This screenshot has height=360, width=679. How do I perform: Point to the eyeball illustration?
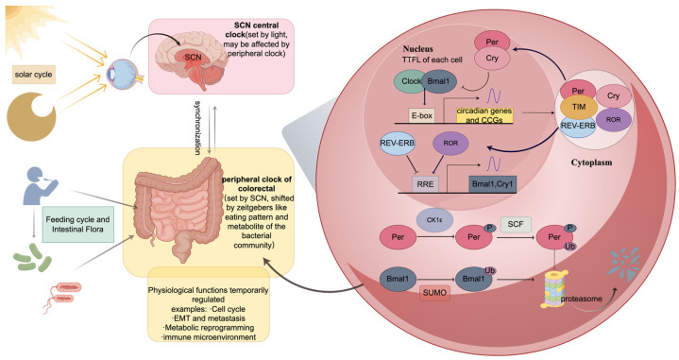119,73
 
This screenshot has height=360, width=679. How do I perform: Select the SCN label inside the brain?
194,57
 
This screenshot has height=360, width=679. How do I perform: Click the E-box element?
421,115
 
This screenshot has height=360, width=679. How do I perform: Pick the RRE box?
425,183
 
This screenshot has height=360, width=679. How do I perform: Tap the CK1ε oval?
434,219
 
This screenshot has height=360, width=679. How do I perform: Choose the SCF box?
516,224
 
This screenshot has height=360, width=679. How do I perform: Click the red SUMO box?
434,292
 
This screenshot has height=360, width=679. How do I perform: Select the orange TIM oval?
579,107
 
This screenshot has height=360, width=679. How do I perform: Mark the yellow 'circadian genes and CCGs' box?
484,115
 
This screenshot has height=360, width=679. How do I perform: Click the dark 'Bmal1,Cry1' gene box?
493,183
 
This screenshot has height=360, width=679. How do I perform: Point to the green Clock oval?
409,81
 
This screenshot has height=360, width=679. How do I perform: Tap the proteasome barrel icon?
553,289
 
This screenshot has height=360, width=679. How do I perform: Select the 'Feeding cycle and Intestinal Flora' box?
78,224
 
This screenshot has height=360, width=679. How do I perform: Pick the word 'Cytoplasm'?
591,163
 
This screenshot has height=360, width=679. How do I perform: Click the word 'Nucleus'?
417,48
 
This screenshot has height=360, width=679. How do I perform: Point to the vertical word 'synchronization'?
197,129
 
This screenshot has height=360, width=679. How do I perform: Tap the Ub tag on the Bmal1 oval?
490,271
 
